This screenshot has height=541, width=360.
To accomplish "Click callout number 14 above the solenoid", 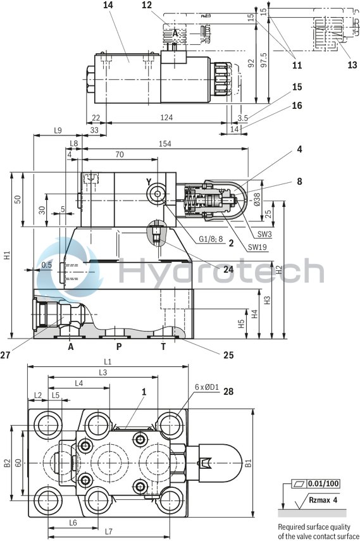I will click(x=108, y=5).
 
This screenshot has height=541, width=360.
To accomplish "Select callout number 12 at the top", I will click(x=147, y=5).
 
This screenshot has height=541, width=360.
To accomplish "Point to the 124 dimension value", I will click(x=166, y=118).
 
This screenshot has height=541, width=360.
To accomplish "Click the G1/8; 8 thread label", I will click(x=211, y=239).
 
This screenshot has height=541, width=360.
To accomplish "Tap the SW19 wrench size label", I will click(x=256, y=247).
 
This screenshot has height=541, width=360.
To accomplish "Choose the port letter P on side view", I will click(x=118, y=346).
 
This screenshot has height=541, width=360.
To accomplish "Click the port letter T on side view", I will click(x=163, y=346).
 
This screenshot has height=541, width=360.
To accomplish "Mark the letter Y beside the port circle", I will click(x=149, y=182).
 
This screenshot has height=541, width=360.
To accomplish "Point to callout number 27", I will click(x=6, y=355).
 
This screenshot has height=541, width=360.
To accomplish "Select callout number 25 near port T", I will click(x=228, y=355).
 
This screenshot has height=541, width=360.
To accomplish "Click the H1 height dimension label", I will click(x=6, y=256).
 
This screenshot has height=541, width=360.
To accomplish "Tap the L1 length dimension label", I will click(x=108, y=362).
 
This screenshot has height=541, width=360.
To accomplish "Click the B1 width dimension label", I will click(x=257, y=463).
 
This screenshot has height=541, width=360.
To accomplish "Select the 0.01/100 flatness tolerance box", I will click(x=324, y=484).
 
